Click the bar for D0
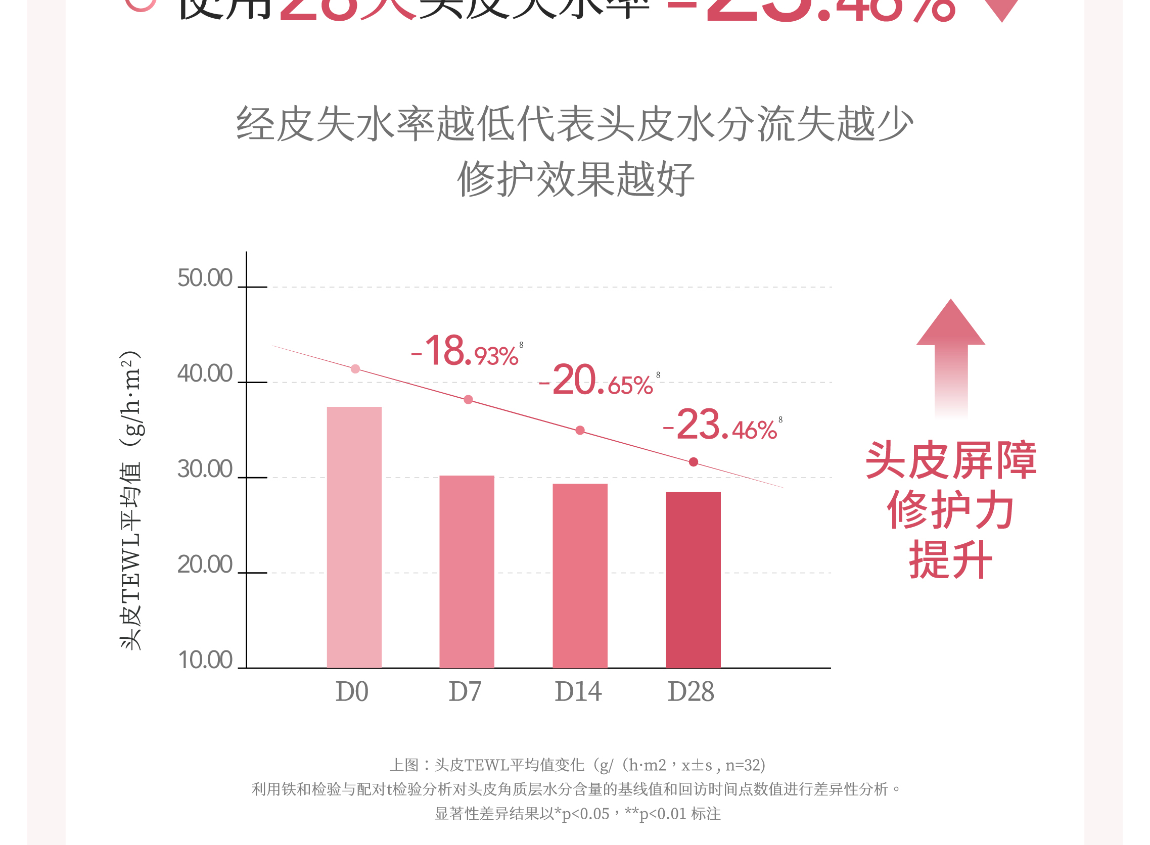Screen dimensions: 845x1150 [x=354, y=537]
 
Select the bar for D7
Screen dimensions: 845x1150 [x=467, y=572]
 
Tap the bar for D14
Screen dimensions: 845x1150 [x=580, y=576]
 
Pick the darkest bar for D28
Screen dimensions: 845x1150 [x=693, y=580]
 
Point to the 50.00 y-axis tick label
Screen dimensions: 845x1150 [x=205, y=278]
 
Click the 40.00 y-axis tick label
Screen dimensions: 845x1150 [x=205, y=374]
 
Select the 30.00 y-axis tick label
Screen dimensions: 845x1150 [x=205, y=470]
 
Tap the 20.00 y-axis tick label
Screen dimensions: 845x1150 [x=205, y=565]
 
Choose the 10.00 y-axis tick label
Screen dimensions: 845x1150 [x=205, y=661]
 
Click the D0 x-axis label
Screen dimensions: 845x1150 [x=352, y=692]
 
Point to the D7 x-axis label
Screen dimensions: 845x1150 [x=465, y=692]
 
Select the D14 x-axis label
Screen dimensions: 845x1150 [x=578, y=692]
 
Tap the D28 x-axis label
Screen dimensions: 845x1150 [x=691, y=692]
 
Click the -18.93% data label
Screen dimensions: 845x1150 [x=466, y=352]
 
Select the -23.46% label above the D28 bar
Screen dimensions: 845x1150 [x=720, y=426]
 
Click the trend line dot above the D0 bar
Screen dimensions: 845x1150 [x=355, y=369]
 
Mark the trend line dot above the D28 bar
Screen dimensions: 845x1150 [x=693, y=462]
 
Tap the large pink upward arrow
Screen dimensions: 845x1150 [x=950, y=358]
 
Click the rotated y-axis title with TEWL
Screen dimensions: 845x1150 [x=130, y=500]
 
